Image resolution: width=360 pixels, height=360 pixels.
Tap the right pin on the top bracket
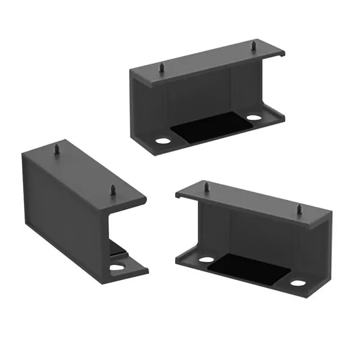click(253, 46)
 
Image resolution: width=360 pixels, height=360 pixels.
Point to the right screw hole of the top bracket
click(254, 118)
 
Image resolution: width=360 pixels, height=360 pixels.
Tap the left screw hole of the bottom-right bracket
click(206, 260)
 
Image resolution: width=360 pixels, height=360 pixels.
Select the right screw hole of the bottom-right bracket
click(297, 283)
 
